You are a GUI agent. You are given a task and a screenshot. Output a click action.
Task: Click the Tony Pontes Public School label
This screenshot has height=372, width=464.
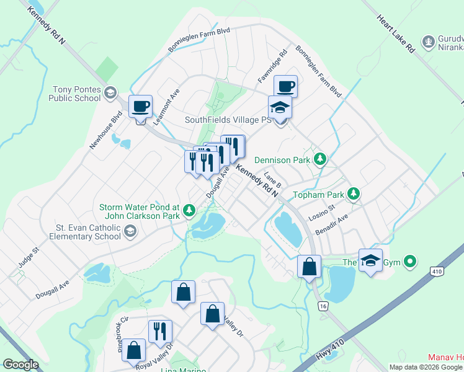coord(76,94)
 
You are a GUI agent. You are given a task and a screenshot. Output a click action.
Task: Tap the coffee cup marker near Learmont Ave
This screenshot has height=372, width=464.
coord(141,106)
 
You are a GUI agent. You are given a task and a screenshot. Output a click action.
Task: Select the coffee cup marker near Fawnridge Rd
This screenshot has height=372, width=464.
coord(285,86)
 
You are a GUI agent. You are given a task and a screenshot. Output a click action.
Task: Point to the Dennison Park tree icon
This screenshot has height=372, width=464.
coord(320,159)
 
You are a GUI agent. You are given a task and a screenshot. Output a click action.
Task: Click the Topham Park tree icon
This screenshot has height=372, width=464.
coord(354,194)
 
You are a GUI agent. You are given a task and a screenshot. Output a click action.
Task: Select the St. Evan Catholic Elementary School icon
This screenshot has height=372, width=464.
coord(130,232)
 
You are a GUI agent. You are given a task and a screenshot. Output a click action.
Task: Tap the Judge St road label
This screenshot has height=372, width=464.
coord(29,257)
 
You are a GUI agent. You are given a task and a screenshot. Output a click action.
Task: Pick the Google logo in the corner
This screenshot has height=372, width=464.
coord(20,365)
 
